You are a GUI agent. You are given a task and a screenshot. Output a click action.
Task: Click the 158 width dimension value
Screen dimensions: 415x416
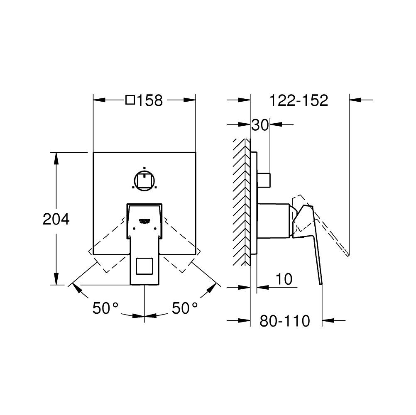pos(150,100)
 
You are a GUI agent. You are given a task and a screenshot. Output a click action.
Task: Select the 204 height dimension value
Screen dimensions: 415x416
pos(56,219)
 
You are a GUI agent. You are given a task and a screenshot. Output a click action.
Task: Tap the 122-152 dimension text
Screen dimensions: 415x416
pos(299,100)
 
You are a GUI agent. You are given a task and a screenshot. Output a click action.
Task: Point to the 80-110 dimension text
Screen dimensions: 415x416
pos(285,321)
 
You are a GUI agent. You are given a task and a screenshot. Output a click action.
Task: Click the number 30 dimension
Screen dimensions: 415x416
pos(260,124)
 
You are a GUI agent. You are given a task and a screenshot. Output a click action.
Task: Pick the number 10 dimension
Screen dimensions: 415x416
pos(284,279)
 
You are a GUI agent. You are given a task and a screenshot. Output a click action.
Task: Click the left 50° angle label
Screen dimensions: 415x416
pos(105,308)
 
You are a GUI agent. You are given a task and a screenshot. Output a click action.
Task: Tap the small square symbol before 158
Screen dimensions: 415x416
pos(130,100)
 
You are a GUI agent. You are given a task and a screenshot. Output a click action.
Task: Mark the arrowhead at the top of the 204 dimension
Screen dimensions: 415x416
pos(56,156)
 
